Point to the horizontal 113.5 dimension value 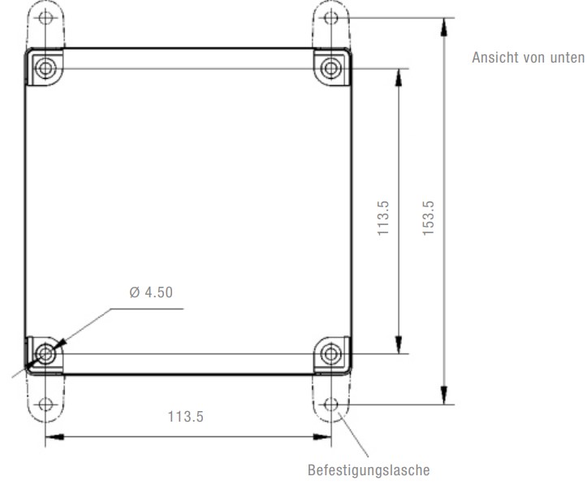(x=185, y=417)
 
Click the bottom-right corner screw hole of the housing (x=330, y=353)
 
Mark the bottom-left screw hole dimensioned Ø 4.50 (x=45, y=353)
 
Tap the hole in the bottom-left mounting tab (x=45, y=404)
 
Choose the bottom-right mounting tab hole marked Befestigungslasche (x=330, y=404)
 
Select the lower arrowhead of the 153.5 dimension (x=443, y=396)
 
